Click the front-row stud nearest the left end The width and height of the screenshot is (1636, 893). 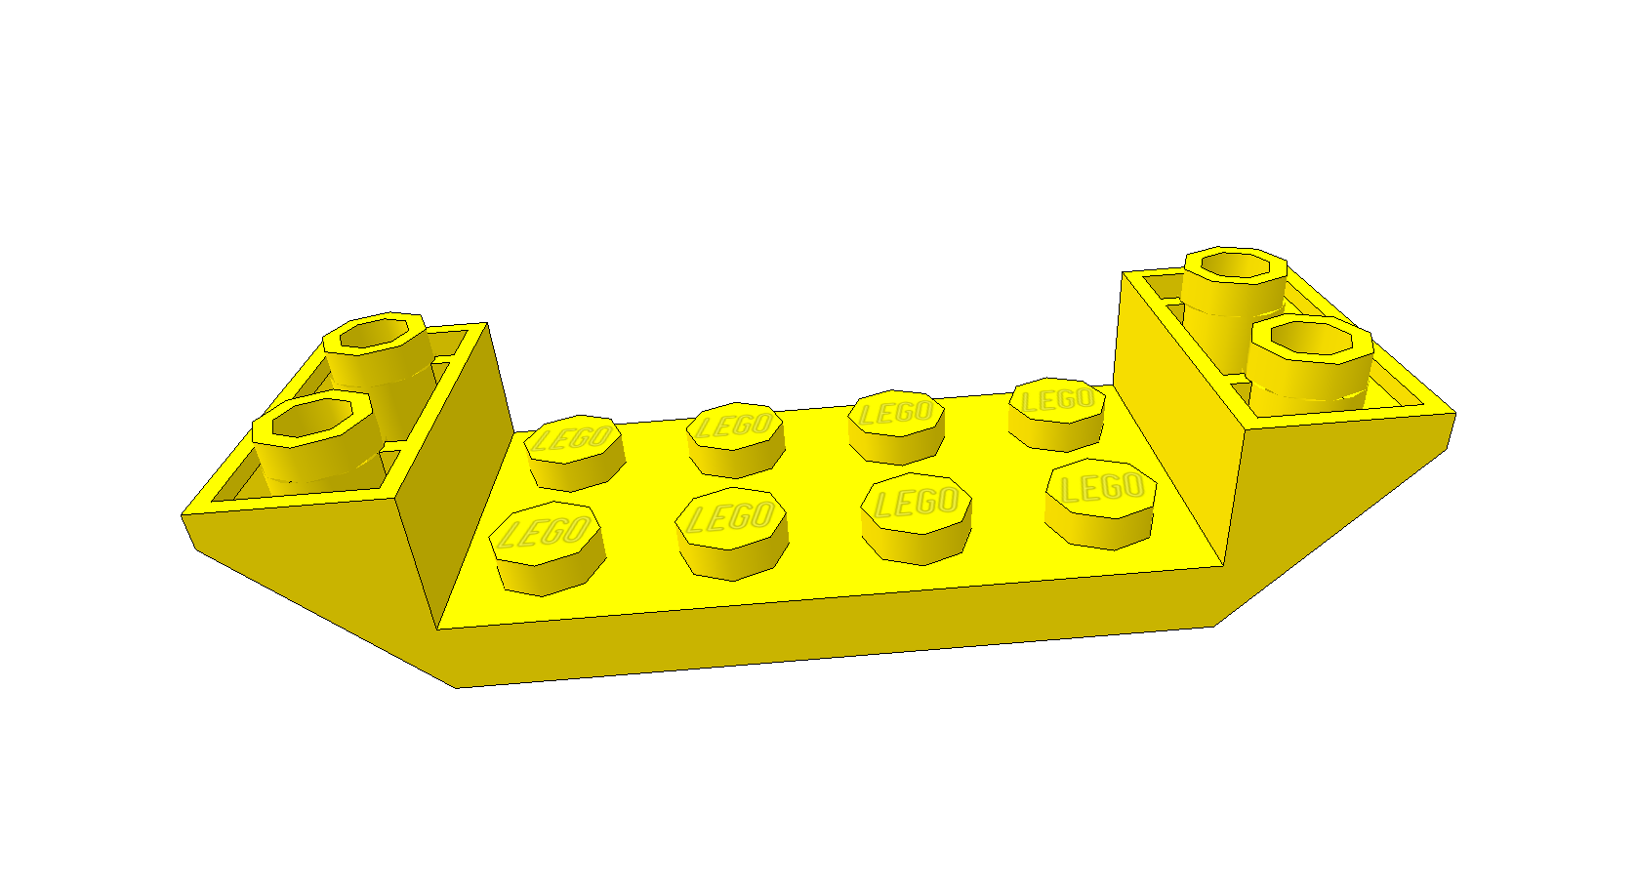[x=547, y=548]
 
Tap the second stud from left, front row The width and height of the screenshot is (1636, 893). [x=732, y=533]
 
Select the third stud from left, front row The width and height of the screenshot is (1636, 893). [x=917, y=517]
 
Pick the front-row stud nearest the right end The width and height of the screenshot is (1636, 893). [x=1101, y=503]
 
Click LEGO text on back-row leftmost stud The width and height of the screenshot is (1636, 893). [x=573, y=439]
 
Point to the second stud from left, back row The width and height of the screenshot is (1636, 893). [x=735, y=439]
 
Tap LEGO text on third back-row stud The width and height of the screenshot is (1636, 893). [x=896, y=413]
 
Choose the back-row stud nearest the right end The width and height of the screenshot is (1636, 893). [x=1057, y=414]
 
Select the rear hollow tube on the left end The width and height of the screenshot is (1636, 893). [x=378, y=358]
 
